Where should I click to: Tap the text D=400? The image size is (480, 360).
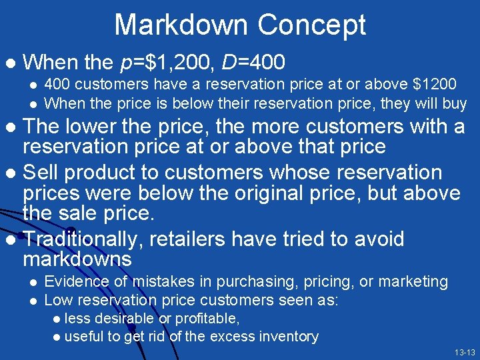click(x=253, y=63)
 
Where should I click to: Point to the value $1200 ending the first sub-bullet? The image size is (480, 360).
click(x=435, y=85)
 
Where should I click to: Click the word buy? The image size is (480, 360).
click(x=453, y=103)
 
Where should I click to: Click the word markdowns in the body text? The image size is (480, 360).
click(x=77, y=259)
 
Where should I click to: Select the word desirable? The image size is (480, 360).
click(x=125, y=319)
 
